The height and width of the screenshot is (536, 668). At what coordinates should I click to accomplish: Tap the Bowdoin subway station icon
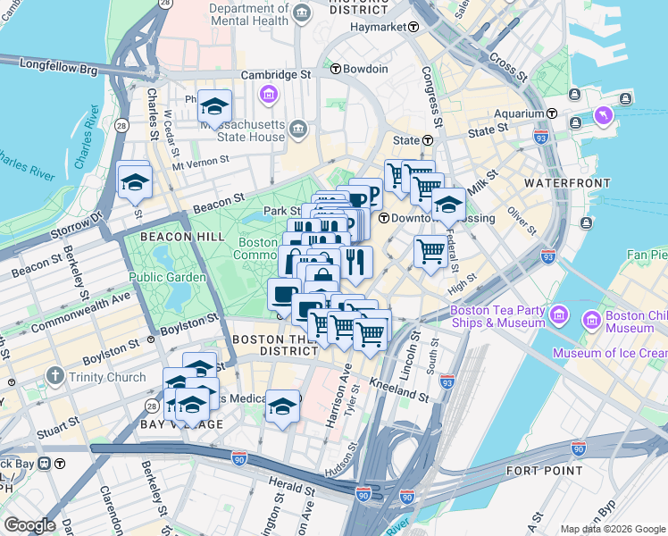[x=335, y=69]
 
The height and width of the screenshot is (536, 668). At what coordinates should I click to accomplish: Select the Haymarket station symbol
[x=413, y=27]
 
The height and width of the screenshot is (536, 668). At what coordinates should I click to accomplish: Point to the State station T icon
[x=428, y=140]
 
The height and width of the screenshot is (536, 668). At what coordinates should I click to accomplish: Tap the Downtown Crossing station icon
[x=383, y=218]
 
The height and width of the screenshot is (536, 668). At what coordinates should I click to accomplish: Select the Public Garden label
[x=168, y=277]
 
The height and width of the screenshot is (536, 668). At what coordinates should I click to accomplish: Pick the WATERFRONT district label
[x=561, y=182]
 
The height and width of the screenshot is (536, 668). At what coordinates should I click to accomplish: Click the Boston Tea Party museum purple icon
[x=559, y=315]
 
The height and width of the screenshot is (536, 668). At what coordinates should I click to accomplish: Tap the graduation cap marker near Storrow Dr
[x=135, y=182]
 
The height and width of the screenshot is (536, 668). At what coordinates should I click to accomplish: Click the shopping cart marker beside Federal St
[x=430, y=251]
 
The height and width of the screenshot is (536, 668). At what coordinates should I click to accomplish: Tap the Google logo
[x=30, y=525]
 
